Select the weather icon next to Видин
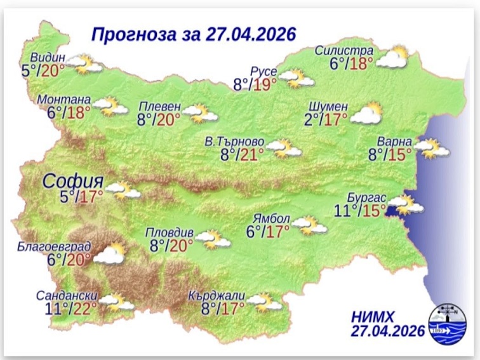(85, 63)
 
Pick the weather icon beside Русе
(297, 79)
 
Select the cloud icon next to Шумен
(366, 115)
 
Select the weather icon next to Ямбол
(307, 225)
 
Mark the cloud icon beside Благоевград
(109, 254)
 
